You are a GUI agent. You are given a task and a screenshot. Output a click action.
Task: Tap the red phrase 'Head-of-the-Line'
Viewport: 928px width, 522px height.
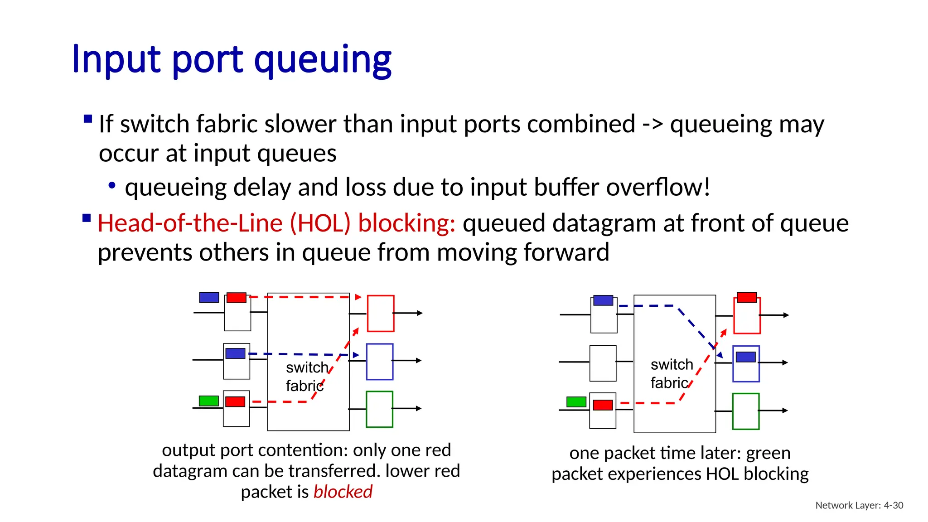[x=190, y=223]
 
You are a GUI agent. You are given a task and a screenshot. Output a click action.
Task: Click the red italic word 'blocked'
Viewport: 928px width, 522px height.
[x=343, y=492]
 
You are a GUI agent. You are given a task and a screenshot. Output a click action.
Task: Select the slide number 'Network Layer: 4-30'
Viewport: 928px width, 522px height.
[x=859, y=505]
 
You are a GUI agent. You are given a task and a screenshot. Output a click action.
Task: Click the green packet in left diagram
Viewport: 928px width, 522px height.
[x=209, y=401]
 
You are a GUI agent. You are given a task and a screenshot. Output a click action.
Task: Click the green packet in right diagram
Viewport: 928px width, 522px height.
[x=576, y=401]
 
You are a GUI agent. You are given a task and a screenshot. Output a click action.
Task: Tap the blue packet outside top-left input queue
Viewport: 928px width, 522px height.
[x=209, y=297]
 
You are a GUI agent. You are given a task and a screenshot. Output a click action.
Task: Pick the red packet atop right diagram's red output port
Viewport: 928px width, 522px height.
[x=747, y=297]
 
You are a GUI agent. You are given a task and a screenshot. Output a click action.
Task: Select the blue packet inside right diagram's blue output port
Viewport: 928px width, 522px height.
[x=746, y=357]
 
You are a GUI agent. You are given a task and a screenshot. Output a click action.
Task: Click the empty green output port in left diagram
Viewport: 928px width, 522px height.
[x=379, y=409]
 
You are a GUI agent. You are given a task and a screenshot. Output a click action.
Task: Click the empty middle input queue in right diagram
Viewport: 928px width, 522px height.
[x=603, y=363]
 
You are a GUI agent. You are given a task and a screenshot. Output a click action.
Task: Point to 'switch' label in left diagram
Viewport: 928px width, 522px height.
[x=307, y=367]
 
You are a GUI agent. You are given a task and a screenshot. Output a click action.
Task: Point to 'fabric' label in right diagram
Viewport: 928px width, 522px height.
[x=669, y=383]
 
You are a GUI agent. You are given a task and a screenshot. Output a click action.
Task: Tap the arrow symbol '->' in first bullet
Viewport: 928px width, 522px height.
[x=652, y=124]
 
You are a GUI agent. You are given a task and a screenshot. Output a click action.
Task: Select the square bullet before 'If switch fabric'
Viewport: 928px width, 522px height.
[x=88, y=120]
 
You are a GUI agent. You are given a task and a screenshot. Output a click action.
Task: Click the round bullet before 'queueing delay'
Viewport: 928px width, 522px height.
[x=112, y=185]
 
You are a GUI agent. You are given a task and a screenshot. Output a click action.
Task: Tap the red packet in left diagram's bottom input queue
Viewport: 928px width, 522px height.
[x=235, y=401]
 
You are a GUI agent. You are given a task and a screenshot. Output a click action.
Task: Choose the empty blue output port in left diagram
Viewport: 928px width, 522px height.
[x=380, y=362]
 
